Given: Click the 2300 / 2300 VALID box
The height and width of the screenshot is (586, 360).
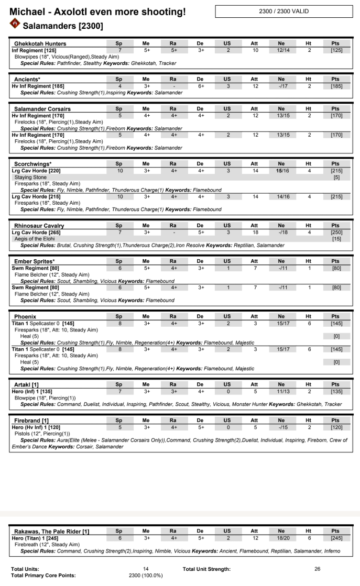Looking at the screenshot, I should (x=284, y=11).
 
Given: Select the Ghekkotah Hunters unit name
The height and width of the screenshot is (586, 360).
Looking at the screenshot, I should (x=40, y=44).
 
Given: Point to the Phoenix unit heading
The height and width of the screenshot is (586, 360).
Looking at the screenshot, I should (x=25, y=317).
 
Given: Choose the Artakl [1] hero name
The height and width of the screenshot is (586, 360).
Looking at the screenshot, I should (x=26, y=384).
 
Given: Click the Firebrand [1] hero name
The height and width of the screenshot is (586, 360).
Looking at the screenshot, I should (x=31, y=420).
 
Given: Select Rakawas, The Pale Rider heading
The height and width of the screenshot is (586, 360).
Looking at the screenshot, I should (x=51, y=532).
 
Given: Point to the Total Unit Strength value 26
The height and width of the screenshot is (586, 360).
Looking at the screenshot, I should (x=318, y=569).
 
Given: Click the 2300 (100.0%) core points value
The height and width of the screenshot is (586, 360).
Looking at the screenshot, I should (x=146, y=576).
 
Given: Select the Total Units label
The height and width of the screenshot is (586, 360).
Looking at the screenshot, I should (x=25, y=569).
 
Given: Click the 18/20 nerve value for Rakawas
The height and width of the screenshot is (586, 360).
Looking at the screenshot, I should (x=282, y=538).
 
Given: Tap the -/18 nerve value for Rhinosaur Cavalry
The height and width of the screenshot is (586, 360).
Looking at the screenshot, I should (x=282, y=232).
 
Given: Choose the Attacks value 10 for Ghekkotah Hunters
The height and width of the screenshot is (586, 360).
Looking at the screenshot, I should (x=255, y=50).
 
